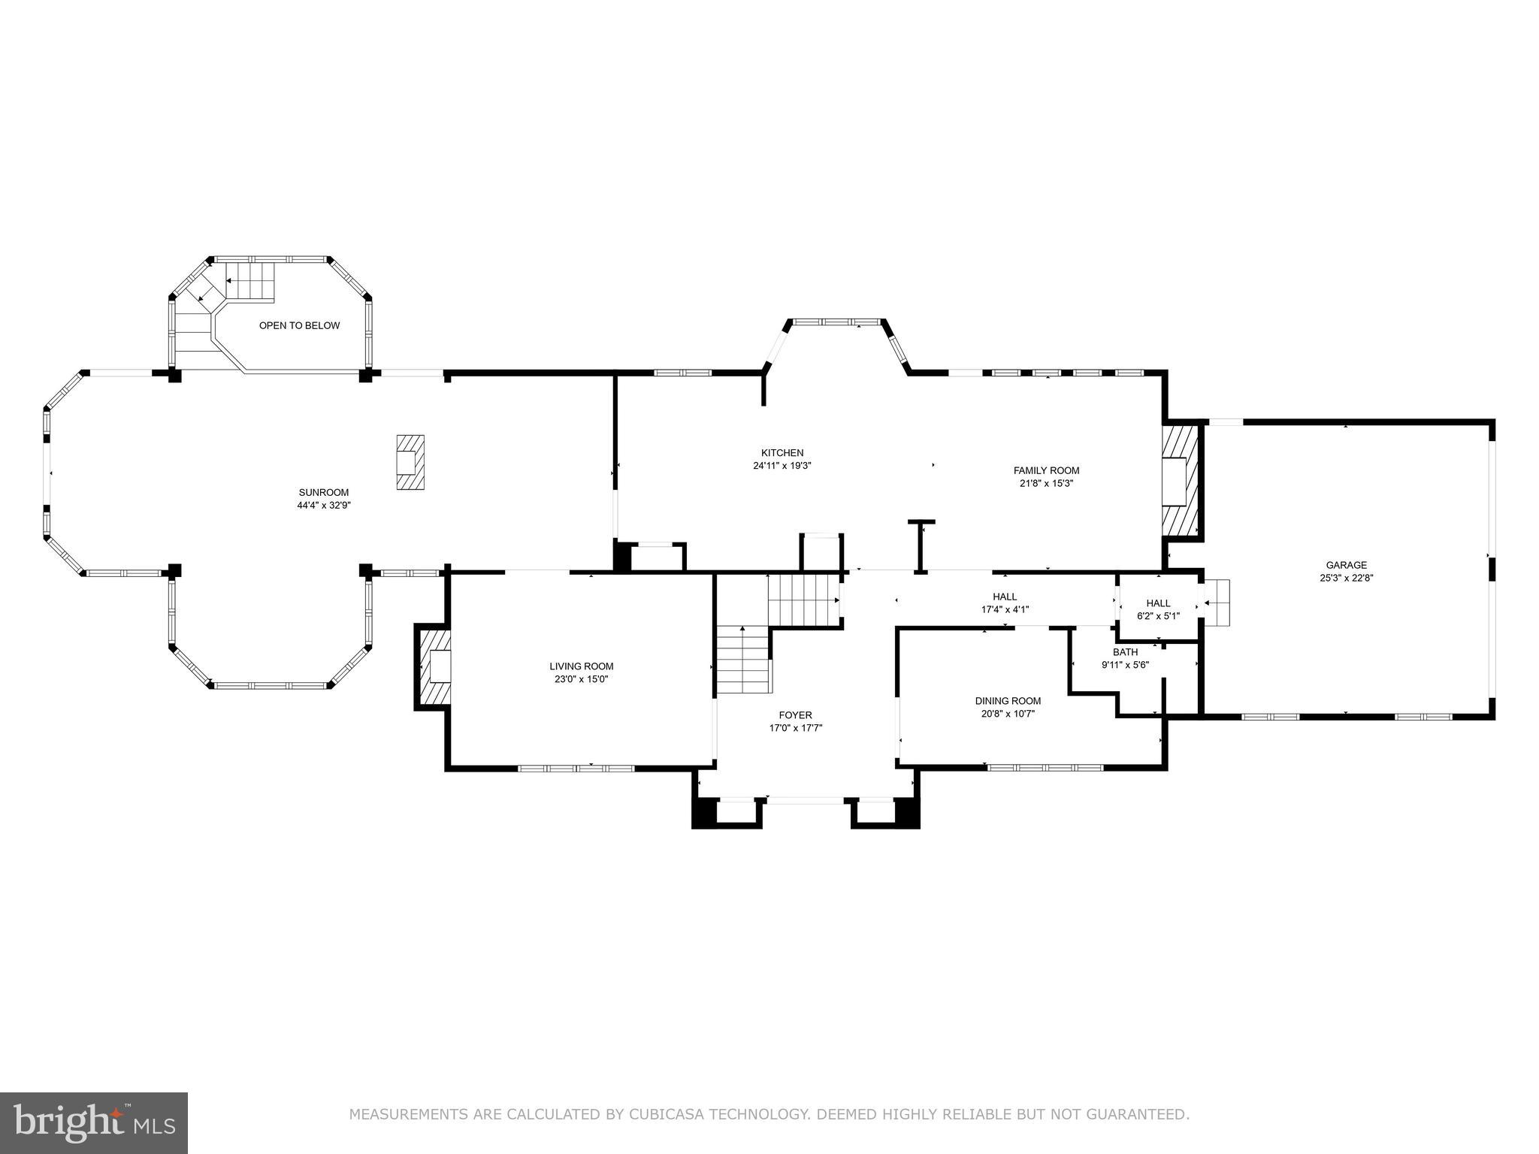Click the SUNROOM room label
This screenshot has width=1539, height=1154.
click(323, 493)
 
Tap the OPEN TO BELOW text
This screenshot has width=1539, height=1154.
click(299, 325)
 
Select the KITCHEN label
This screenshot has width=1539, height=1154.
click(782, 453)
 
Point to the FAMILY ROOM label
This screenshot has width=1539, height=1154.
click(1046, 471)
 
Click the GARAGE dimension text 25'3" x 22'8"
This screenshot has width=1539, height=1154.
click(1346, 578)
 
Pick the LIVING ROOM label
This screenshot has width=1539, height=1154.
click(581, 666)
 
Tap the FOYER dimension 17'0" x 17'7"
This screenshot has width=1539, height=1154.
click(795, 728)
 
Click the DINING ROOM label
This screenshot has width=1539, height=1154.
click(1008, 701)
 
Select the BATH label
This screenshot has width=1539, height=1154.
click(1125, 652)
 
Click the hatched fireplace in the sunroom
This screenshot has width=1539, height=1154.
click(410, 463)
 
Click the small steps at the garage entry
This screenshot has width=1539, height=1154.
click(1217, 602)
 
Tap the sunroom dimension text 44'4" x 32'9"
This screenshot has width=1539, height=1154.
click(323, 506)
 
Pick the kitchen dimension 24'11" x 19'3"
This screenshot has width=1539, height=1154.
click(782, 466)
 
